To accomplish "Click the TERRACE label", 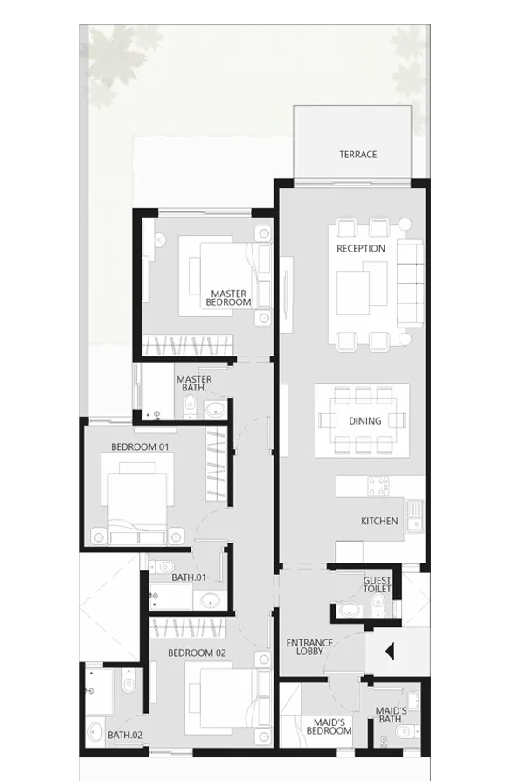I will coord(358,155).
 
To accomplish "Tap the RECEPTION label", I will coord(361,249).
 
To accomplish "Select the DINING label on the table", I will coord(365,421).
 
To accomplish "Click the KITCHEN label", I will coord(379,522).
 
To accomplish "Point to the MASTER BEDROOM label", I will coord(228,298).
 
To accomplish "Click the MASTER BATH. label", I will coord(194,384).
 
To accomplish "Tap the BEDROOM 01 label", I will coord(140,446).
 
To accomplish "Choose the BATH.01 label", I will coord(188,577).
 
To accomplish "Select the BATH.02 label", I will coord(125,736).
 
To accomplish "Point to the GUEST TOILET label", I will coord(378,584).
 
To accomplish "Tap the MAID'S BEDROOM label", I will coord(329,727).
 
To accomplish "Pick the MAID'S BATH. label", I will coord(390,715).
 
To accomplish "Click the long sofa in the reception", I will coord(409,281).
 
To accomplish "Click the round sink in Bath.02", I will coord(95,731).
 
